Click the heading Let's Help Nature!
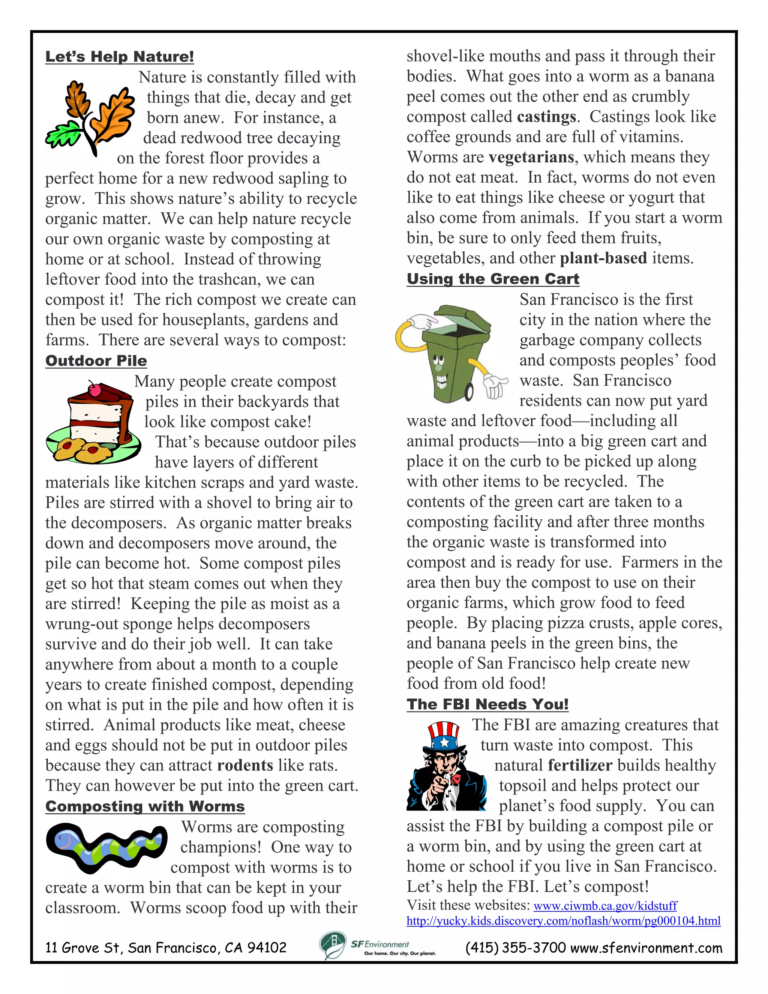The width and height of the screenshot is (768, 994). pyautogui.click(x=120, y=57)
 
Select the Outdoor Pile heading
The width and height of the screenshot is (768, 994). pyautogui.click(x=96, y=360)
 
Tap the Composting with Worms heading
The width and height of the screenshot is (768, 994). pyautogui.click(x=145, y=806)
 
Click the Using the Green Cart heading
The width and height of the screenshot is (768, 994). pyautogui.click(x=493, y=279)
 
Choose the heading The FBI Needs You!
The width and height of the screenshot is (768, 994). pyautogui.click(x=487, y=704)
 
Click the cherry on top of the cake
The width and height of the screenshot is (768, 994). pyautogui.click(x=94, y=389)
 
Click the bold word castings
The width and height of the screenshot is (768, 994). pyautogui.click(x=546, y=117)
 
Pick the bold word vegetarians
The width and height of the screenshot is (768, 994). pyautogui.click(x=531, y=158)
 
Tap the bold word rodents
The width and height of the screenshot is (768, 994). pyautogui.click(x=245, y=766)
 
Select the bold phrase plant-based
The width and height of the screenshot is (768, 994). pyautogui.click(x=603, y=258)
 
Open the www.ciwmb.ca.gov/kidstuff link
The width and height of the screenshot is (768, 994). pyautogui.click(x=605, y=906)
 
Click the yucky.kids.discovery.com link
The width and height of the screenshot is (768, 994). pyautogui.click(x=563, y=921)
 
